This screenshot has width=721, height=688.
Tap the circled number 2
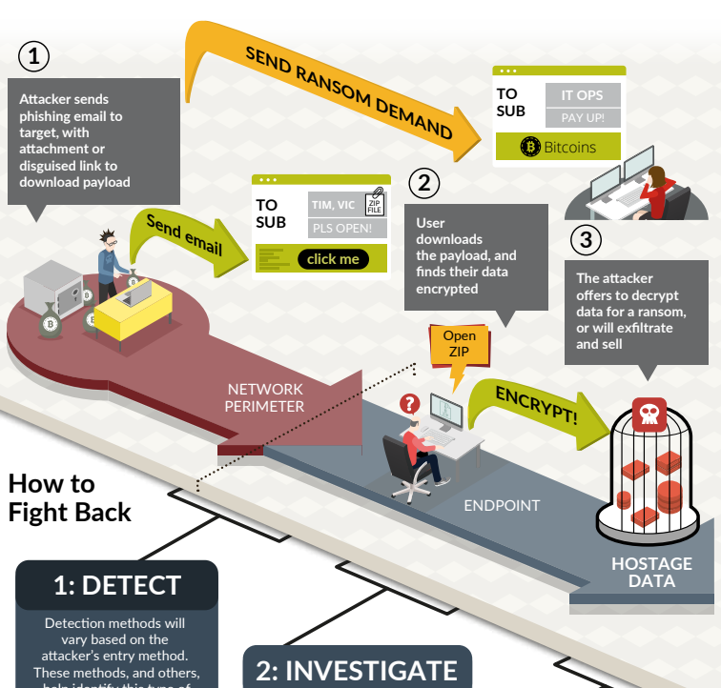point(423,184)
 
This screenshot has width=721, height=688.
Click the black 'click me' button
point(333,259)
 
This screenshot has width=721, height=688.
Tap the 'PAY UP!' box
point(583,118)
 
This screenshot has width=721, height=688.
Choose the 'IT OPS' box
point(583,94)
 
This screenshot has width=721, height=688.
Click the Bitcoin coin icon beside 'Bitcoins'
point(530,147)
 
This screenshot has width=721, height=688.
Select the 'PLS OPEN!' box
point(347,229)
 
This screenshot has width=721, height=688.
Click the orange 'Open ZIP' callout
point(459,344)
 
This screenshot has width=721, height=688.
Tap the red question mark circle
point(410,403)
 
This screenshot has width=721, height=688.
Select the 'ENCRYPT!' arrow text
point(536,404)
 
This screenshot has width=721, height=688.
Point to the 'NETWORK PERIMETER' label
point(265,397)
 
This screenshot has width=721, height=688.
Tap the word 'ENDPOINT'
point(502,506)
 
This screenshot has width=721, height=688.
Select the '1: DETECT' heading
point(116,585)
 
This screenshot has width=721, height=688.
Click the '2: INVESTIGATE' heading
point(357,670)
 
